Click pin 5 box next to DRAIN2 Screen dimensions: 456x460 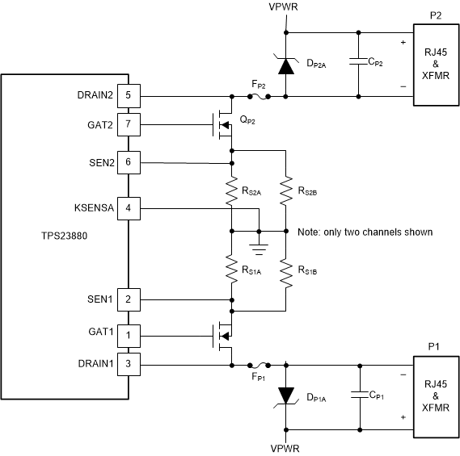(129, 95)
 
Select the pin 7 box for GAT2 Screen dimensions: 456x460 (129, 125)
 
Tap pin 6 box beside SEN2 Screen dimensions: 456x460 (129, 162)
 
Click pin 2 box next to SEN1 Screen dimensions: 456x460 (129, 299)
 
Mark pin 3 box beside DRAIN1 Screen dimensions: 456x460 (129, 364)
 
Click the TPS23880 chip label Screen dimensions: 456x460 (49, 239)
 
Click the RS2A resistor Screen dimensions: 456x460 (232, 190)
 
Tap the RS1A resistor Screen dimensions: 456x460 (232, 269)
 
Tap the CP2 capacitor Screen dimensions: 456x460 (357, 63)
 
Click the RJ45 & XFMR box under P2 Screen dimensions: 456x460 (437, 64)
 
